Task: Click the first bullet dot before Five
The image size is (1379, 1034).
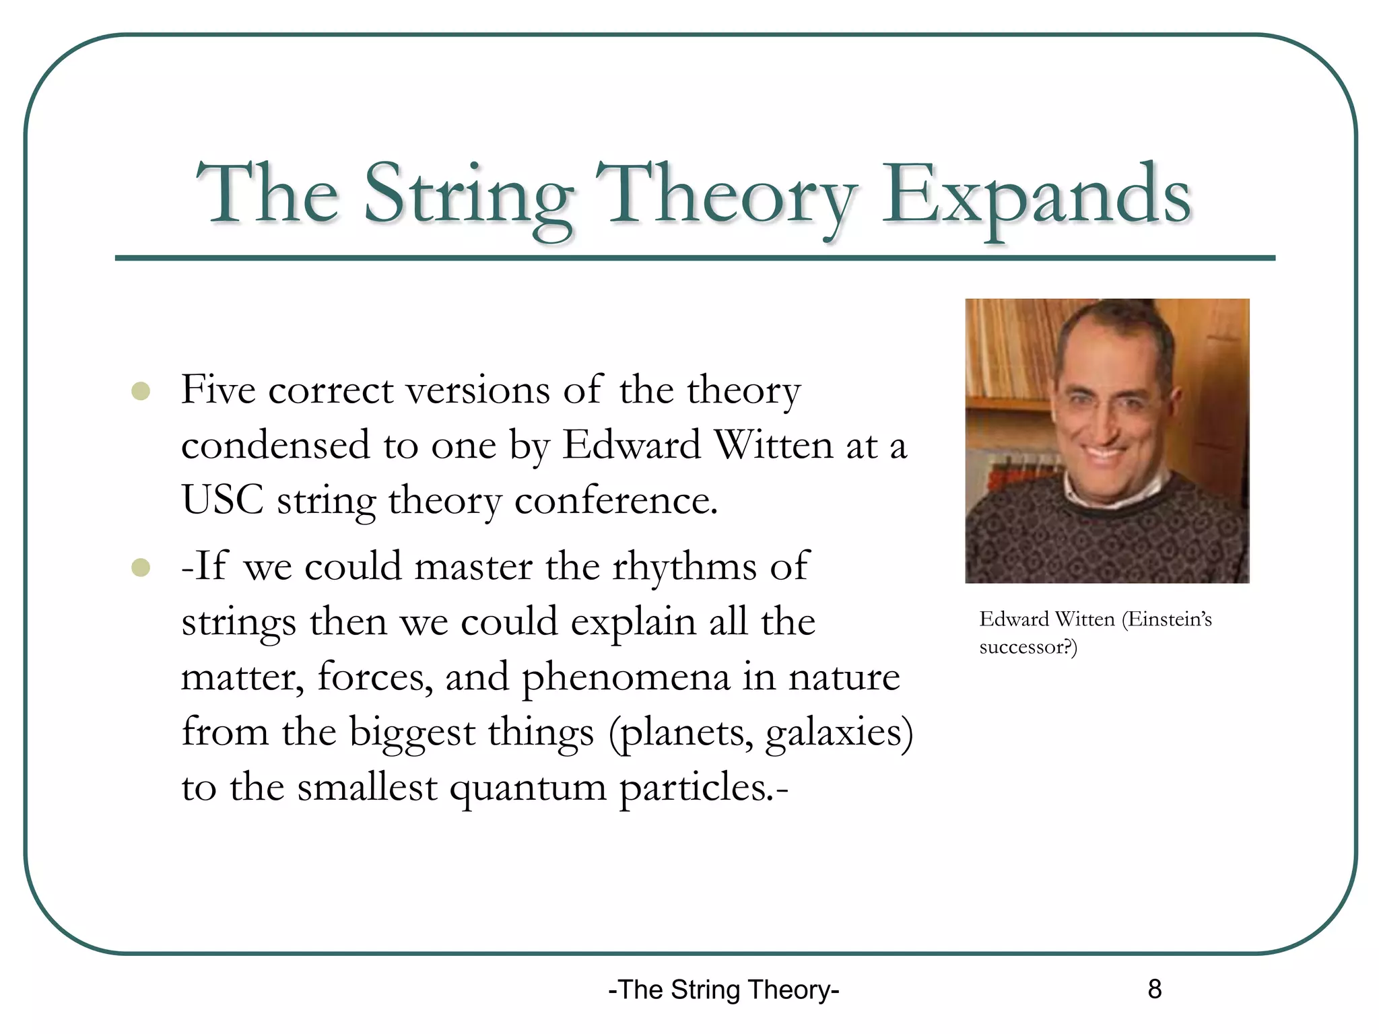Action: click(141, 391)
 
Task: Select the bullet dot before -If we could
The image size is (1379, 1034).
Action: click(141, 567)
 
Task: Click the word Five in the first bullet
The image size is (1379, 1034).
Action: click(218, 390)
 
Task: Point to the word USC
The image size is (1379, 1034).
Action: click(222, 500)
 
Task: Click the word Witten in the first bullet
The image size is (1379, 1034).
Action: click(774, 446)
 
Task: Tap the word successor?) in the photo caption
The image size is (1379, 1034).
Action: click(1028, 648)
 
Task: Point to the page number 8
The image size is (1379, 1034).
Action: click(1154, 989)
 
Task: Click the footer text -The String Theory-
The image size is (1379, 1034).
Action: click(723, 990)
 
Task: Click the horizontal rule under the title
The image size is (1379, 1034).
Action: click(695, 258)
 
